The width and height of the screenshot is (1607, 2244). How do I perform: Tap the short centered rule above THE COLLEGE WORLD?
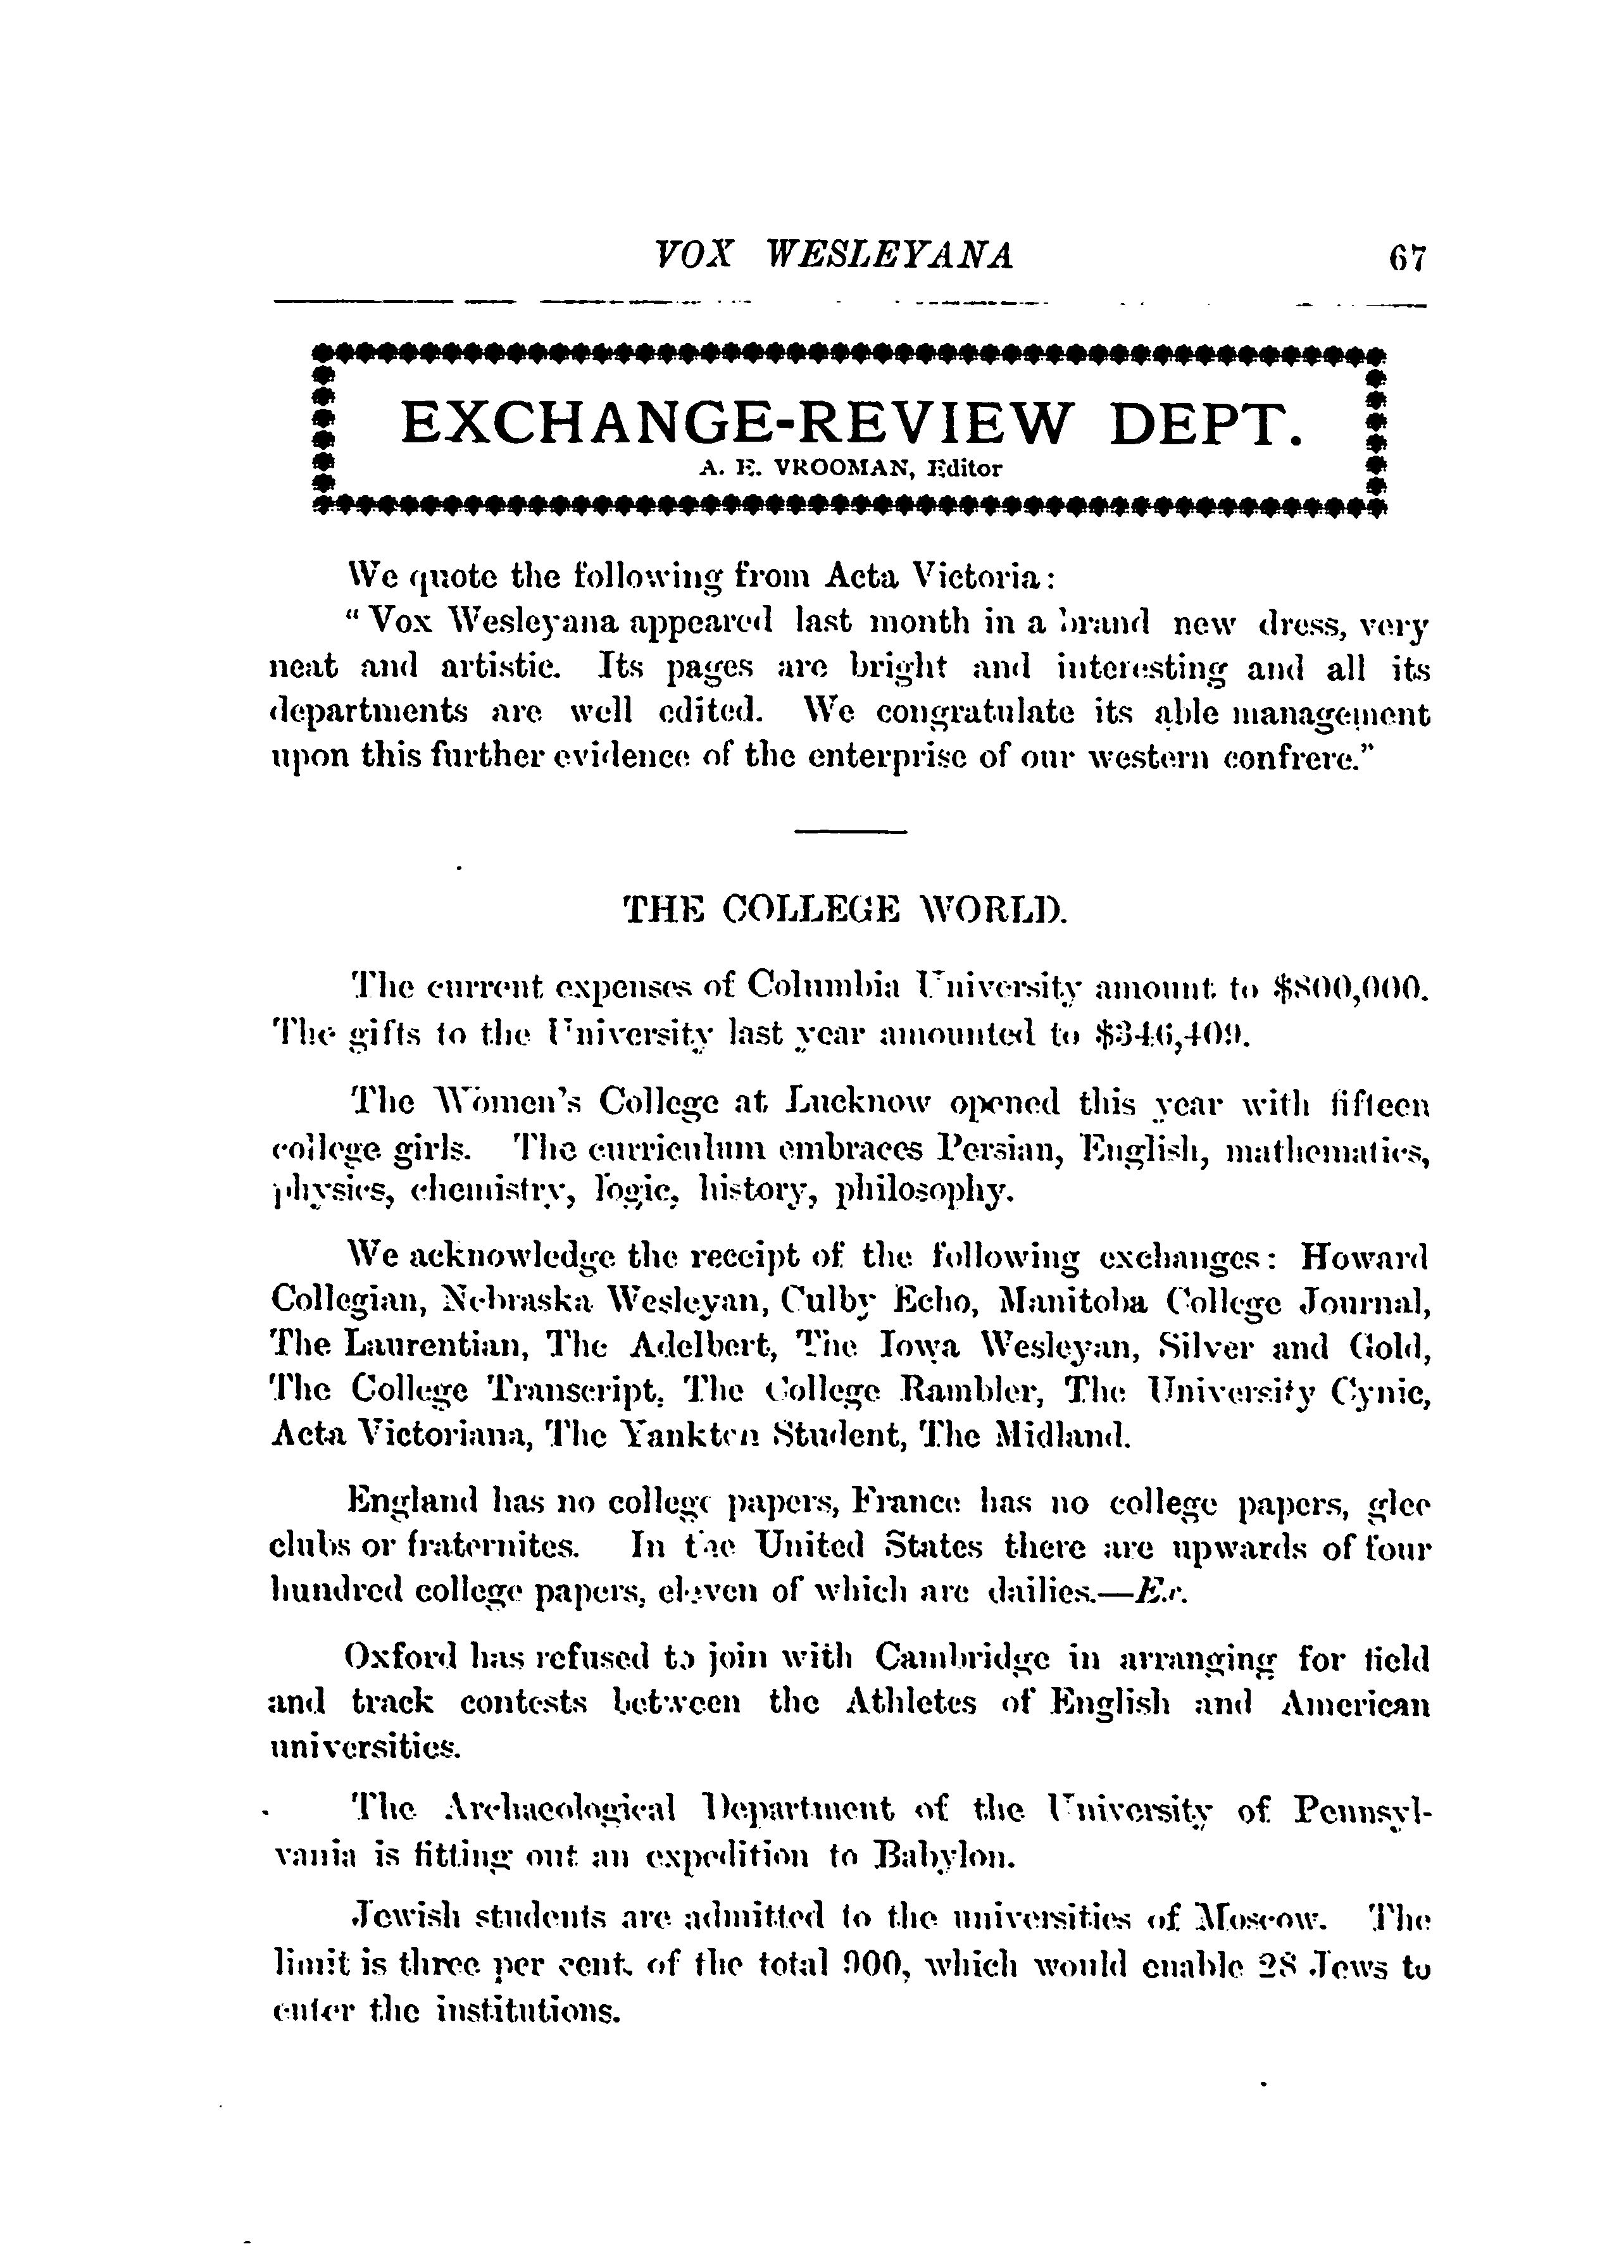pos(851,830)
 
